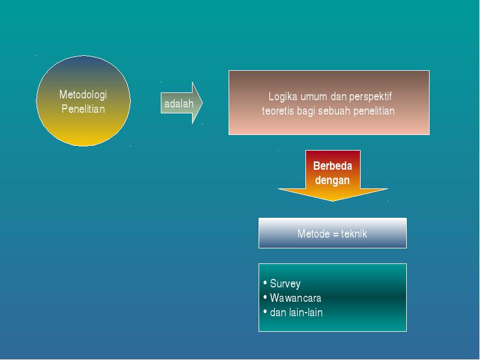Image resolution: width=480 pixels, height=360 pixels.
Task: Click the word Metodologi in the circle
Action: [x=83, y=95]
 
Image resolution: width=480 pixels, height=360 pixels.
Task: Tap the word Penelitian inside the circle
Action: [x=83, y=109]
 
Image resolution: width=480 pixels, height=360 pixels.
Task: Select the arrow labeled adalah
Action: [x=182, y=103]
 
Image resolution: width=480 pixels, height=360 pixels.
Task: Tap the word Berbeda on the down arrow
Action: [x=332, y=166]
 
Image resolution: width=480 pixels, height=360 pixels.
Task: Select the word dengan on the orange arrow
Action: [x=332, y=181]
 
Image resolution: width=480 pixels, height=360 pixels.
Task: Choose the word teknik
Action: [x=354, y=234]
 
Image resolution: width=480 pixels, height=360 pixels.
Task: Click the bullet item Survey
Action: [x=285, y=284]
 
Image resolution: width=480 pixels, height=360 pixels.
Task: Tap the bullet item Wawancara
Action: [x=295, y=298]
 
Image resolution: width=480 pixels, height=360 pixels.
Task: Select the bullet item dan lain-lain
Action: [x=296, y=313]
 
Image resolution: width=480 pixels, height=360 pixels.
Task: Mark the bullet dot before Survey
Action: [x=265, y=283]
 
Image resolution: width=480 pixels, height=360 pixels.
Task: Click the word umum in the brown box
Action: [x=314, y=97]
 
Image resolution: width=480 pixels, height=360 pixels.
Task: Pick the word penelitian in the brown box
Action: [x=374, y=111]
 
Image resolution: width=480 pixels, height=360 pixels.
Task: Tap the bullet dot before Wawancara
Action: [x=265, y=297]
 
